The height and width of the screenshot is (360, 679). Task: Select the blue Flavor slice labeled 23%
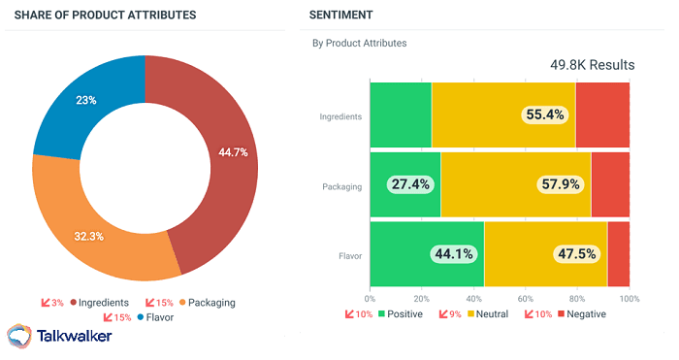[86, 100]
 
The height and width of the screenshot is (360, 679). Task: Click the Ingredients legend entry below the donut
[101, 303]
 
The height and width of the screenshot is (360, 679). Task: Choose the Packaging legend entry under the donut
[206, 303]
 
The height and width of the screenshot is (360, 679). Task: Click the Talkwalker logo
[60, 337]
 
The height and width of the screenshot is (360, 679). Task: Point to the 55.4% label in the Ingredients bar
[544, 115]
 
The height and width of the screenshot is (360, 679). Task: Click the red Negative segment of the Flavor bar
[618, 254]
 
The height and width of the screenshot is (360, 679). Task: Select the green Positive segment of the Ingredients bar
[401, 115]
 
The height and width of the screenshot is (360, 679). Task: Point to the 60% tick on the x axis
[525, 298]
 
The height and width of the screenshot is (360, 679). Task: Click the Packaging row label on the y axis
[341, 186]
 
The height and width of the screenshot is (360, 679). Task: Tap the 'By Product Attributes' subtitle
[359, 43]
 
